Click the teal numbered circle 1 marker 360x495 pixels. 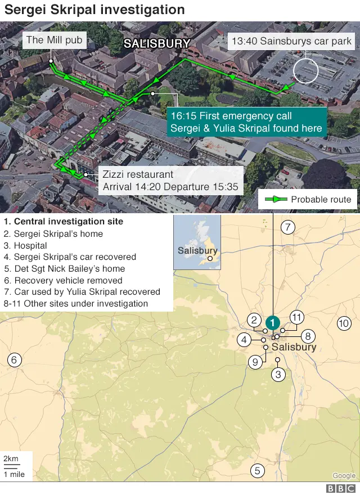point(272,322)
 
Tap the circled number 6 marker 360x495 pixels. point(15,360)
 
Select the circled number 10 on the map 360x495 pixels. point(343,323)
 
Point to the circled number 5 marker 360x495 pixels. point(257,471)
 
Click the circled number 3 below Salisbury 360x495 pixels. point(278,374)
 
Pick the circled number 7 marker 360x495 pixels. point(287,227)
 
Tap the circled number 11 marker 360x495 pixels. point(296,316)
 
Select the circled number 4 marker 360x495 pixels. point(244,340)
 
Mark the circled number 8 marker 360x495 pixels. point(308,336)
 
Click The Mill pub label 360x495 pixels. point(54,40)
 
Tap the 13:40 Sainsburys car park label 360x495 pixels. point(291,41)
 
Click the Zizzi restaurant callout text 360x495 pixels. point(170,181)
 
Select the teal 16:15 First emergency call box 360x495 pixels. point(247,122)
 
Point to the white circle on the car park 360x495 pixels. point(306,71)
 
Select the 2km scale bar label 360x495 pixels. point(11,458)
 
